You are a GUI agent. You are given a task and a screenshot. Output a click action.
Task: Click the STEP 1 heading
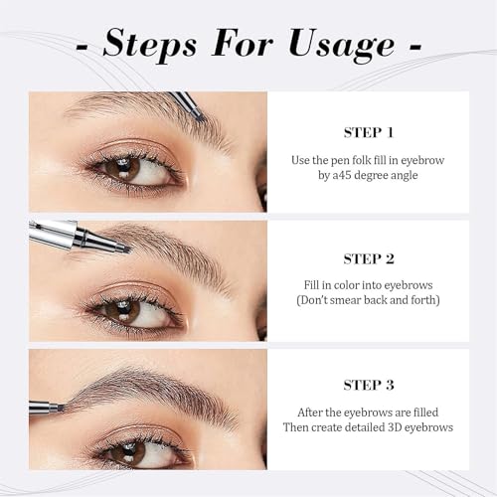point(369,131)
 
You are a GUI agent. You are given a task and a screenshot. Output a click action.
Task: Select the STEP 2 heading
point(369,259)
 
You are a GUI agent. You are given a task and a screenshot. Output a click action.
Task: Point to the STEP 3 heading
point(369,388)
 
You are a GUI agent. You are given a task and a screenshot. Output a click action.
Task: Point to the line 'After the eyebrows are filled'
point(369,412)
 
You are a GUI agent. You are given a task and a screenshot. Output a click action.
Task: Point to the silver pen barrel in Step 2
point(60,233)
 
